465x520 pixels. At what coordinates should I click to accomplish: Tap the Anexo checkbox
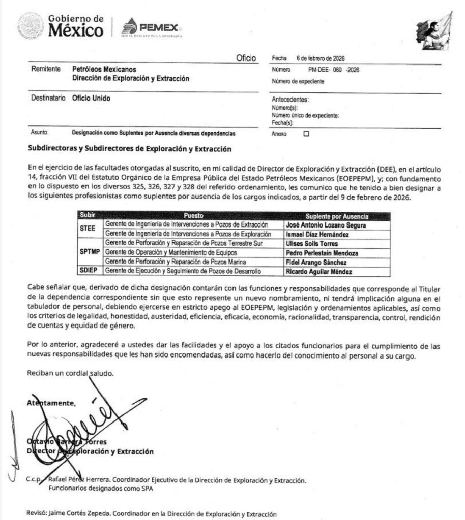[306, 134]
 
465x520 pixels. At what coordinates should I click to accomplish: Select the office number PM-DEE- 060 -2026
[333, 70]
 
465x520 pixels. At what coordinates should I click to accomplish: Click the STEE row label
[88, 229]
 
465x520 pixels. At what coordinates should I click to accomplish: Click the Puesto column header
[193, 216]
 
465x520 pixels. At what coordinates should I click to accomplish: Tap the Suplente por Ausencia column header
[337, 216]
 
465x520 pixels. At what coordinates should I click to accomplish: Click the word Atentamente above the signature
[51, 403]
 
